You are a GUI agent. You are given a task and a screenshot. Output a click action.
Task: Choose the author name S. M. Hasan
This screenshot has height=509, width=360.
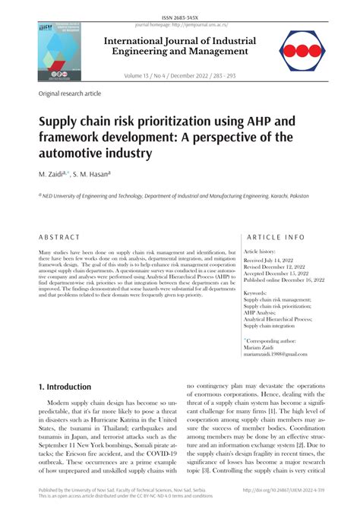coord(93,175)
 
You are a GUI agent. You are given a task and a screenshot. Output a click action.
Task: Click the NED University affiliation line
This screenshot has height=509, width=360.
coord(174,196)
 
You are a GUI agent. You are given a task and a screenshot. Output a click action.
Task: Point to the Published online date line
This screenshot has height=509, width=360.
coord(283,280)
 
